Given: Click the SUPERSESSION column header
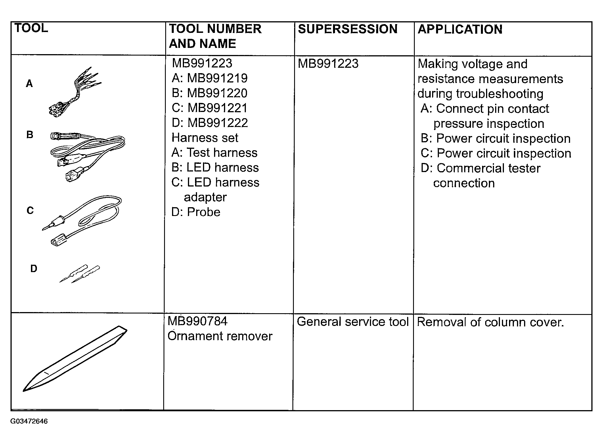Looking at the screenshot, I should (x=347, y=29).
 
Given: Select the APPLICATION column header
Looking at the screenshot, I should (x=460, y=29).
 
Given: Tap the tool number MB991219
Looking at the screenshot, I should (x=217, y=78).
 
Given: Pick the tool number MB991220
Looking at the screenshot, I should (x=217, y=93).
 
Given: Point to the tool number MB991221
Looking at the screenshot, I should (x=217, y=108).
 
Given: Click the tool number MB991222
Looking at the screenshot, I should (x=217, y=123).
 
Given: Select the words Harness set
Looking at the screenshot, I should (x=205, y=138).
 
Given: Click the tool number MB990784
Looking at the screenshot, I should (x=198, y=321).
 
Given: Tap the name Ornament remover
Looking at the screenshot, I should (x=220, y=336).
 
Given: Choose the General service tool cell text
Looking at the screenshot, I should (x=353, y=322).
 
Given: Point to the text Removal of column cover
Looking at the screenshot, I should (x=490, y=322).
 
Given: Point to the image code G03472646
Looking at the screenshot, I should (x=29, y=421).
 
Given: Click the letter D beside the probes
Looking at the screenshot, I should (x=34, y=269).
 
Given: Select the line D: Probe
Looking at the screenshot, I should (x=196, y=212).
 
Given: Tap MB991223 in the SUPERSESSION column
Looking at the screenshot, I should (x=328, y=63).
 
